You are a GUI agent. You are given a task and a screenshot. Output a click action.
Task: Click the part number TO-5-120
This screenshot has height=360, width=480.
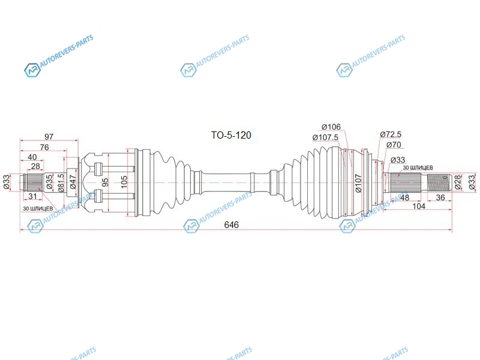[x=231, y=135]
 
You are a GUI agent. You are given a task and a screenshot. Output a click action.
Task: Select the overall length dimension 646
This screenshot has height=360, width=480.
[x=232, y=224]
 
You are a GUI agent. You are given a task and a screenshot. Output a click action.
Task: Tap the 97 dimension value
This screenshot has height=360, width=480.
[x=49, y=137]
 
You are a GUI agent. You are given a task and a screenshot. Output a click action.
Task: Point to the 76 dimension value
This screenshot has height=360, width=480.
[x=44, y=147]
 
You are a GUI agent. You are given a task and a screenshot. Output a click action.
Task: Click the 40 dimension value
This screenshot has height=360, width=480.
[x=32, y=157]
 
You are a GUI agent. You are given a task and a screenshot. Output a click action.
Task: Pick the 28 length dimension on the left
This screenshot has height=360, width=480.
[x=35, y=166]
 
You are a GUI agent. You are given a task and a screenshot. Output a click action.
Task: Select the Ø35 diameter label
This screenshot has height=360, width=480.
[x=50, y=182]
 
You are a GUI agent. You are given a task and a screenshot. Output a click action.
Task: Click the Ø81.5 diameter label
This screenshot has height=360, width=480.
[x=61, y=183]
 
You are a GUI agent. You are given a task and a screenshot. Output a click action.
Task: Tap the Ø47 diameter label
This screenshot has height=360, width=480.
[x=73, y=182]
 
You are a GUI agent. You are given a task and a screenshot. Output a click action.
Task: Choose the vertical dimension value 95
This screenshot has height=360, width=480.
[x=105, y=182]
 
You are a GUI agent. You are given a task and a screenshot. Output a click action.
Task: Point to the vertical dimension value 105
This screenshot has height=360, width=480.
[x=124, y=182]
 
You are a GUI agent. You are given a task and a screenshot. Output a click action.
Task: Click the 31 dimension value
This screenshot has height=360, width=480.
[x=32, y=196]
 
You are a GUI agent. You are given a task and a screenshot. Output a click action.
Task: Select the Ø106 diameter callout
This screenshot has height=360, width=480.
[x=331, y=127]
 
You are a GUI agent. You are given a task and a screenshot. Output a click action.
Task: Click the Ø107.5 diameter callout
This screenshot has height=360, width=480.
[x=325, y=137]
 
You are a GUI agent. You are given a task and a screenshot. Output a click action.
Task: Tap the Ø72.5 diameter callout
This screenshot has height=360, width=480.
[x=391, y=134]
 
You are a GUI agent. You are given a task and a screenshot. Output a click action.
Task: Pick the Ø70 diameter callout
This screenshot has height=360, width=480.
[x=394, y=145]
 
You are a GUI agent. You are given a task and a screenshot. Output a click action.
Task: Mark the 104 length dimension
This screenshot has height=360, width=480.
[x=419, y=206]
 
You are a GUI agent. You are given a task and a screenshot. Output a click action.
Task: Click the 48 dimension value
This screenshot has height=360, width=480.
[x=404, y=197]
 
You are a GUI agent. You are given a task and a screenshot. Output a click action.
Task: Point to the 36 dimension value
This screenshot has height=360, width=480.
[x=440, y=197]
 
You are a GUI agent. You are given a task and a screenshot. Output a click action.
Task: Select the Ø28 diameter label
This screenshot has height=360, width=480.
[x=458, y=182]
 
